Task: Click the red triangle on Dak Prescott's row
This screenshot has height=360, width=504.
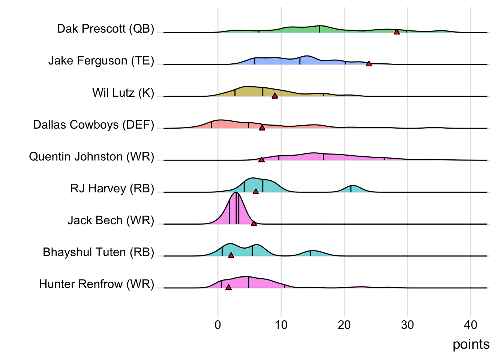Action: [x=396, y=32]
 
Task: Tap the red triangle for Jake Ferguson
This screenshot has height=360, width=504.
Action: [x=369, y=64]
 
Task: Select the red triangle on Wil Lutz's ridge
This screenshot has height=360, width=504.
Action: [x=274, y=96]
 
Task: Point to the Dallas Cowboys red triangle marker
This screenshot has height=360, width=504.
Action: [x=262, y=128]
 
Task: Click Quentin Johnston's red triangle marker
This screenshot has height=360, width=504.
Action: [x=261, y=160]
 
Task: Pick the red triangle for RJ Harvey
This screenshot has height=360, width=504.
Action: [x=256, y=192]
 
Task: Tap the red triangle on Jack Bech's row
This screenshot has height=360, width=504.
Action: [x=254, y=224]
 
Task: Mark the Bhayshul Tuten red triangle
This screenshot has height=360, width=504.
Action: [x=231, y=256]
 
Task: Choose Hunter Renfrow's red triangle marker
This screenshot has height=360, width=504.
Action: [x=228, y=288]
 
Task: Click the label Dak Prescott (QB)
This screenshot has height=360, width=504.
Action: [x=105, y=29]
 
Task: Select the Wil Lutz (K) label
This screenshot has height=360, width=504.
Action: [x=123, y=93]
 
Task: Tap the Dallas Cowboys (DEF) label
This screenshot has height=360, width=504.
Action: [x=93, y=124]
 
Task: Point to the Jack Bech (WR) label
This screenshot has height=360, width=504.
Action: [x=111, y=220]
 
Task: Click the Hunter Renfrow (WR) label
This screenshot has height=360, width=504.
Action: [x=96, y=284]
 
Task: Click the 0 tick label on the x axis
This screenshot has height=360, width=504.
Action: [x=218, y=325]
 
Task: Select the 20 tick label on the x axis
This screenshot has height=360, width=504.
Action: [x=344, y=325]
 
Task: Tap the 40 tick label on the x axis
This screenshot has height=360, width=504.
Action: [x=471, y=325]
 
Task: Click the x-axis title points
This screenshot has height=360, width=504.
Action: [x=471, y=344]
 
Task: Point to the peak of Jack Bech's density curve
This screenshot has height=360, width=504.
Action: [x=235, y=193]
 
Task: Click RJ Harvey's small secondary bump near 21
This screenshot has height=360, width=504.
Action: [x=352, y=186]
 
